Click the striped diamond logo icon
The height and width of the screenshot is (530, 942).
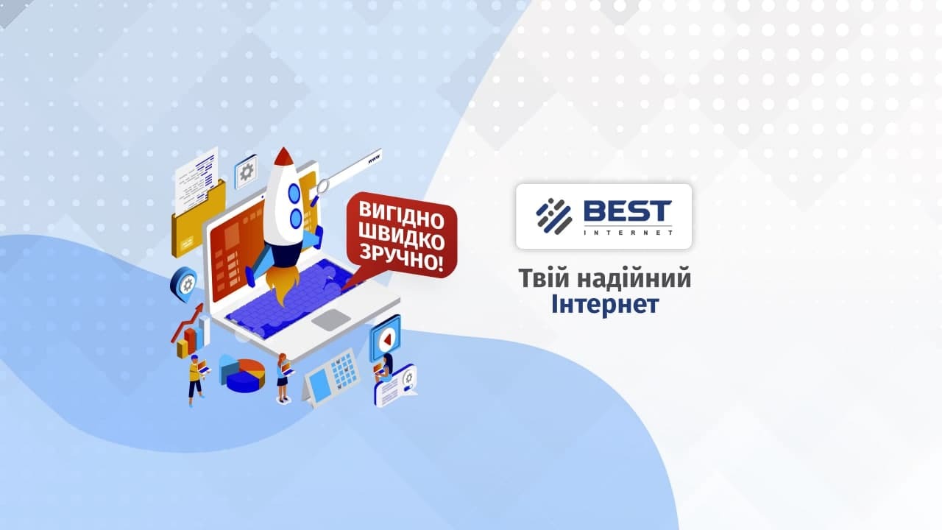pos(553,216)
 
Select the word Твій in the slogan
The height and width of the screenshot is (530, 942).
pos(544,278)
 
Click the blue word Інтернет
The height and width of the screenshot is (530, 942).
pos(604,303)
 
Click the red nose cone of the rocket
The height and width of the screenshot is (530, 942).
pos(283,158)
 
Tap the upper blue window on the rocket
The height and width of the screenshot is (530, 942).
pos(294,194)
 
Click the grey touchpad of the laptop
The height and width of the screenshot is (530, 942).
pos(330,319)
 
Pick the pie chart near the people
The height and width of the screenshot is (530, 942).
pos(245,374)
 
